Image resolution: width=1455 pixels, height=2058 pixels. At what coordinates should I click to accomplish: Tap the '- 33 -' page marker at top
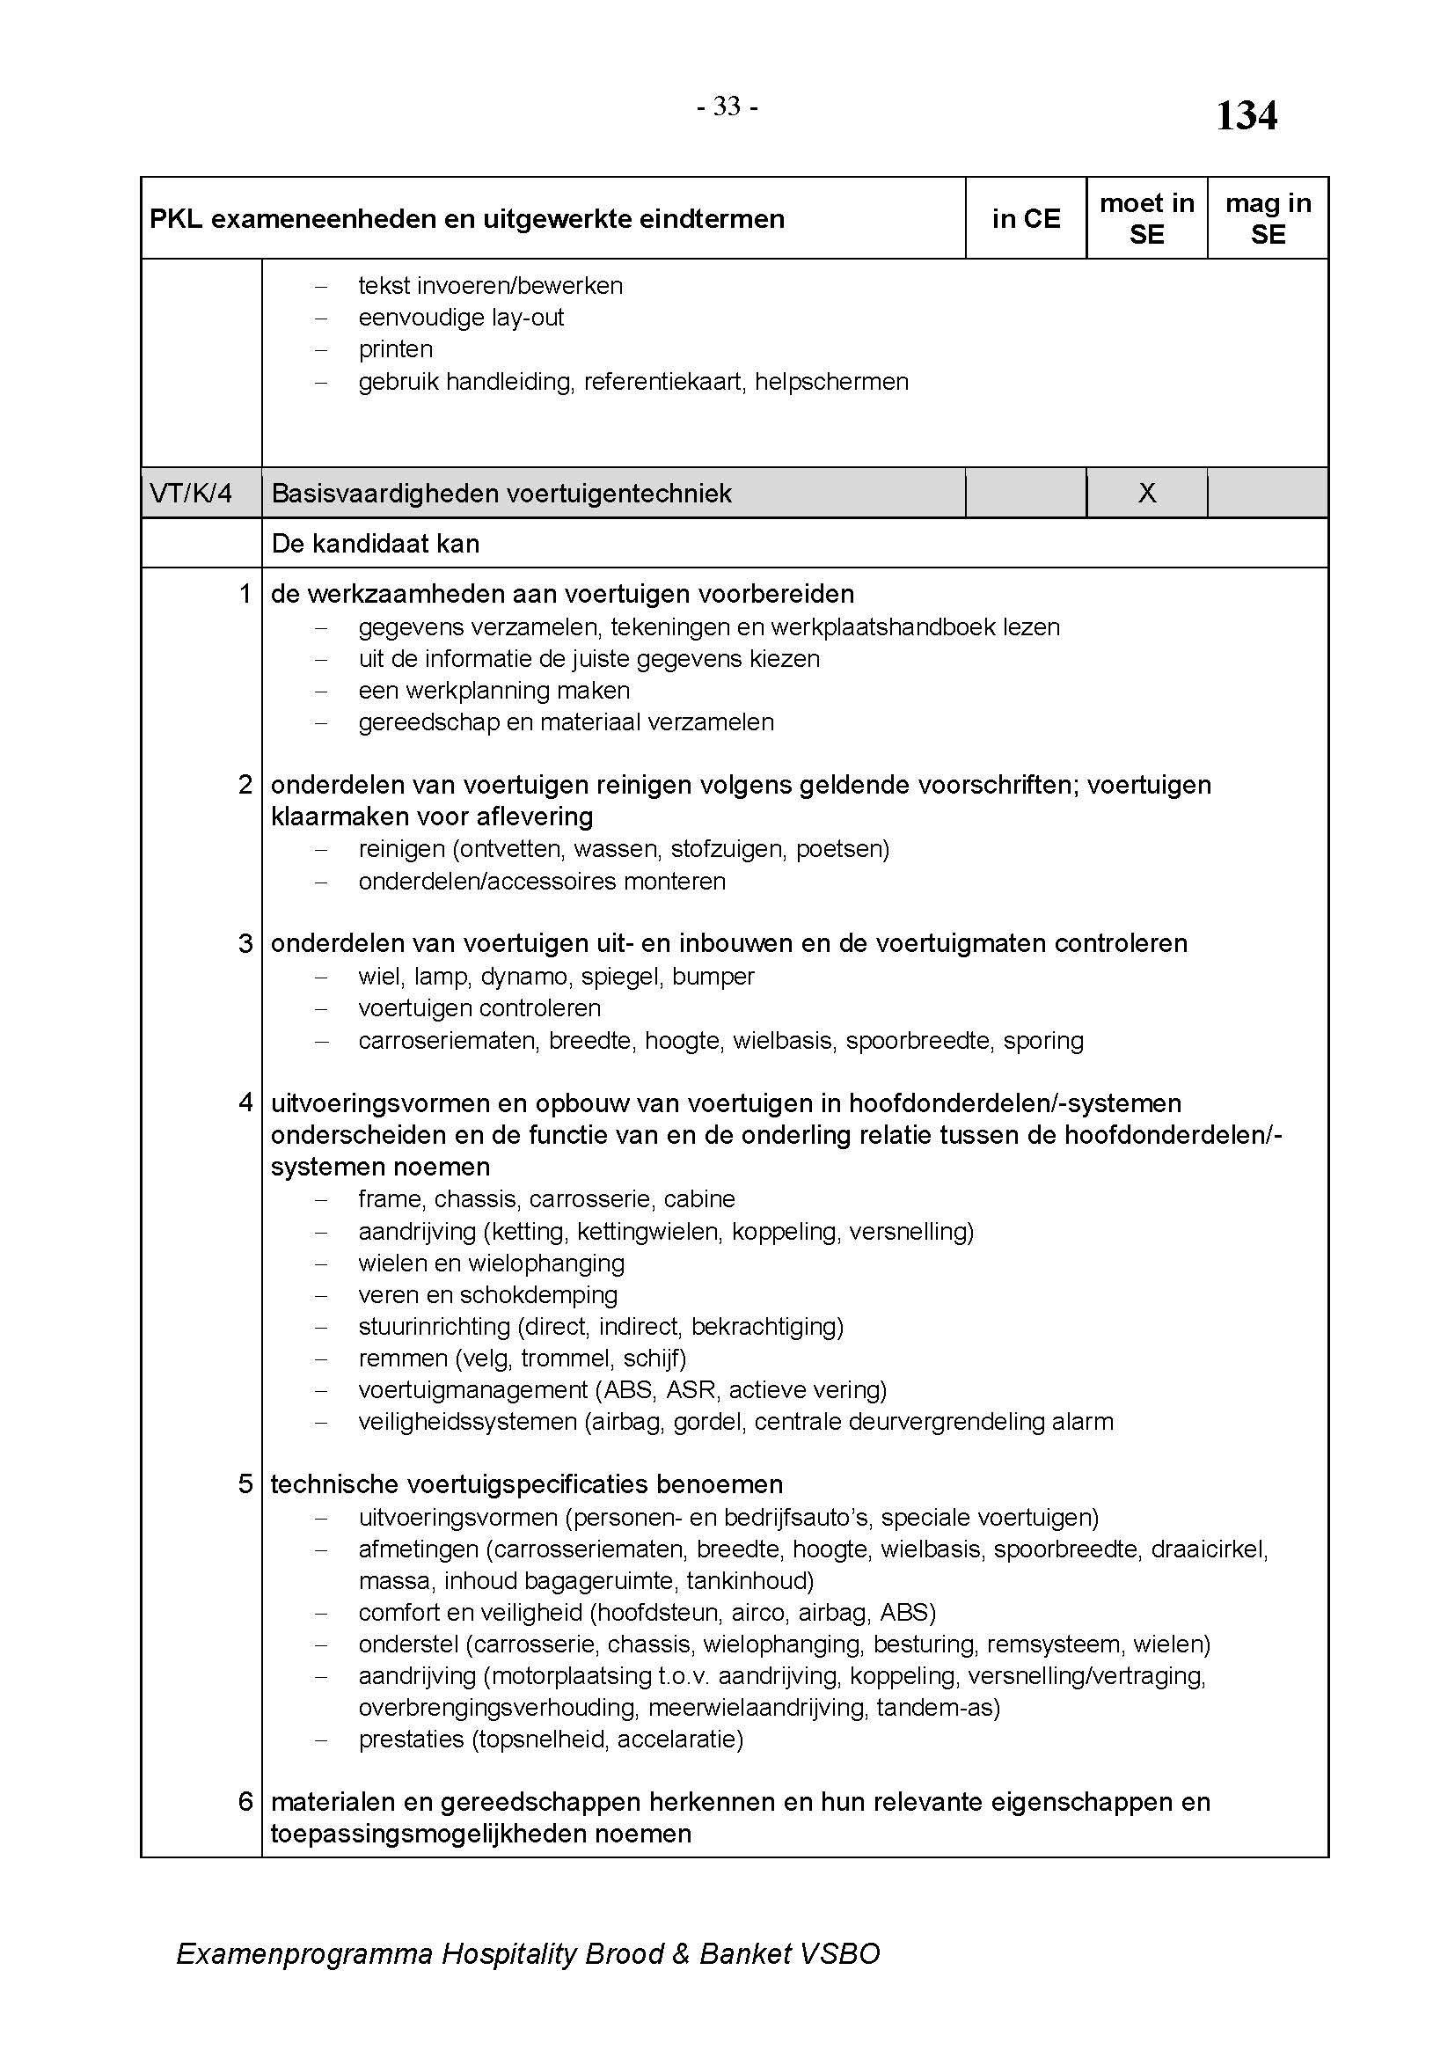coord(727,107)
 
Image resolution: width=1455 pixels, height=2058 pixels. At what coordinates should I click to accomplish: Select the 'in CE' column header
coord(1026,219)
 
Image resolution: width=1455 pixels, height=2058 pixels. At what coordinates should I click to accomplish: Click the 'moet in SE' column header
coord(1147,219)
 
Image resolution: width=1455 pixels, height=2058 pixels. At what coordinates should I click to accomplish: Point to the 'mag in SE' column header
coord(1268,219)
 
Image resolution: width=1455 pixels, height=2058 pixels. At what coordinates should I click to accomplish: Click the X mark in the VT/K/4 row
coord(1147,493)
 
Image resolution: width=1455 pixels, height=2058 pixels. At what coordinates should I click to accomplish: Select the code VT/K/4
coord(191,493)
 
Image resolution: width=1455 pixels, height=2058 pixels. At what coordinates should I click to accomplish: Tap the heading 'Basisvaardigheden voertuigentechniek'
coord(501,493)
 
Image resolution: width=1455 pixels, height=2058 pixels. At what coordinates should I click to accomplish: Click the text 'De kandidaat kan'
coord(376,544)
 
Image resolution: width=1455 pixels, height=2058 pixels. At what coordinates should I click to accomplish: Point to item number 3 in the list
coord(245,944)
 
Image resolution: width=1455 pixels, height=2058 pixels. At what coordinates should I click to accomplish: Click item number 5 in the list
coord(245,1484)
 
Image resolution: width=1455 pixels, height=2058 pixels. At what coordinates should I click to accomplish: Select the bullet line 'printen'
coord(395,349)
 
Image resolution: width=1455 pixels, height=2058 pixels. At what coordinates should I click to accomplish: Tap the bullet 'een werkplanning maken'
coord(494,691)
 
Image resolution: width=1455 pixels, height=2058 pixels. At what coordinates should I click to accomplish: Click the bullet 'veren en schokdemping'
coord(487,1295)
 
